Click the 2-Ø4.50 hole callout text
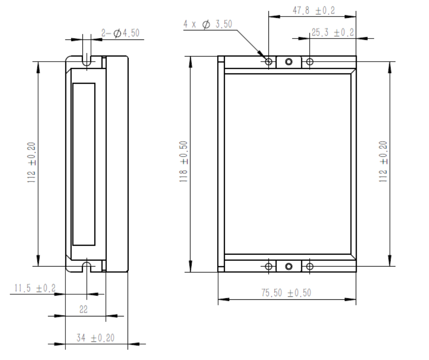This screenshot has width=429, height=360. pyautogui.click(x=120, y=33)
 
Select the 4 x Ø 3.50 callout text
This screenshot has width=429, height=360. pyautogui.click(x=208, y=24)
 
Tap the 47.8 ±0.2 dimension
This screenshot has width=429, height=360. pyautogui.click(x=314, y=11)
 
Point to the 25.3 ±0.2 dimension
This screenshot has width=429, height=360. pyautogui.click(x=332, y=33)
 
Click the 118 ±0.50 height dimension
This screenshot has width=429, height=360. pyautogui.click(x=183, y=162)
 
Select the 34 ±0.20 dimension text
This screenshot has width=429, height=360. pyautogui.click(x=95, y=337)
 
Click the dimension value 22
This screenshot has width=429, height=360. pyautogui.click(x=84, y=310)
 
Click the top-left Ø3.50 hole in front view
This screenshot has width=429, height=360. pyautogui.click(x=269, y=61)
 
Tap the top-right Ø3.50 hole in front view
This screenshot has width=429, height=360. pyautogui.click(x=310, y=61)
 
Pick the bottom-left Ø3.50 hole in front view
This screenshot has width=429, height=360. pyautogui.click(x=269, y=266)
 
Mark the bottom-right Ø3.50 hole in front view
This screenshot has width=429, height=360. pyautogui.click(x=310, y=266)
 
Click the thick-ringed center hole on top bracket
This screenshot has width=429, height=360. pyautogui.click(x=289, y=61)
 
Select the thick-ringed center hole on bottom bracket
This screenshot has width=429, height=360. pyautogui.click(x=289, y=266)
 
